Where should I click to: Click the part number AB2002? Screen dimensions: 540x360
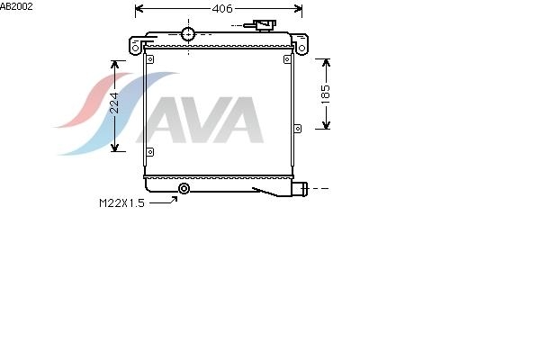click(16, 6)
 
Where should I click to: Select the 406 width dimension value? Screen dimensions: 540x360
click(222, 9)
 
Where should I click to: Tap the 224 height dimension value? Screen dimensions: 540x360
click(115, 103)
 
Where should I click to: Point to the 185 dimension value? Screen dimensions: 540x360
click(326, 94)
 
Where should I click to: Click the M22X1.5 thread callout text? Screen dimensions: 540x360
click(121, 203)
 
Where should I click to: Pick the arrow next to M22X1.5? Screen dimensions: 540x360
click(164, 200)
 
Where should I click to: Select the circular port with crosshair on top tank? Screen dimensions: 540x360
click(188, 34)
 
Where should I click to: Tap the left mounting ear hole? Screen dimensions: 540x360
click(135, 48)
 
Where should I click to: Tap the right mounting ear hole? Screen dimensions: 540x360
click(301, 49)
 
